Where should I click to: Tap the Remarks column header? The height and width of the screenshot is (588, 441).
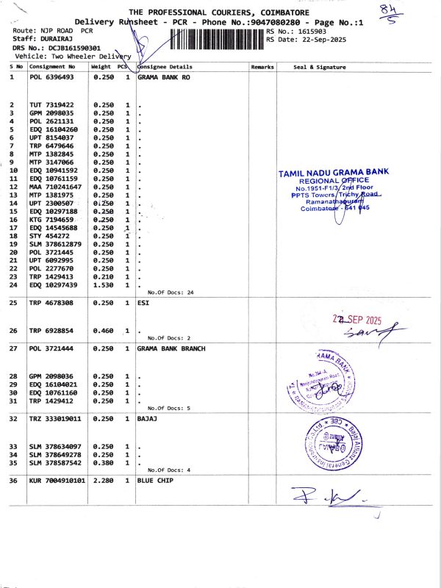coord(262,67)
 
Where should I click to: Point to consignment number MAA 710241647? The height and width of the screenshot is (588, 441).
coord(56,187)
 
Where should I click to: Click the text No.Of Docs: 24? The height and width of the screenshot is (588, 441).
coord(170,292)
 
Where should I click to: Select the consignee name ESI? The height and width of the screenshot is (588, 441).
coord(143,302)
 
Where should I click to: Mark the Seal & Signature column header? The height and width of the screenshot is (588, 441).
coord(319,67)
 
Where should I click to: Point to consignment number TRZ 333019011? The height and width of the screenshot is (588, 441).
coord(55,418)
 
